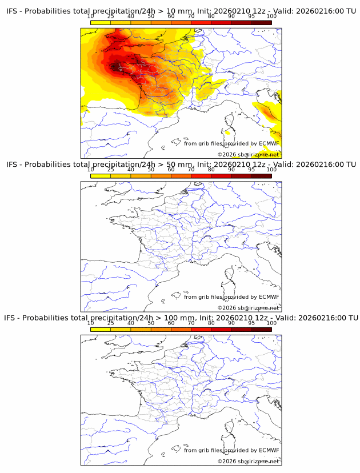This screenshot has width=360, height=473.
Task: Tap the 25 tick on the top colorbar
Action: (111, 16)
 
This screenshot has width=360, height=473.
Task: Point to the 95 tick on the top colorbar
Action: (251, 16)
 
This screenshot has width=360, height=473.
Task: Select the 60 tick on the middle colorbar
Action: (171, 170)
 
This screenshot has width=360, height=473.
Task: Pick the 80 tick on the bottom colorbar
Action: (211, 323)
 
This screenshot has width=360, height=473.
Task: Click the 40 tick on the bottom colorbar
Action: (131, 323)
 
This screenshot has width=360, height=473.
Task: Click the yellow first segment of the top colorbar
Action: (101, 22)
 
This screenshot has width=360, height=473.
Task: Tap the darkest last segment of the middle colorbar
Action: (261, 176)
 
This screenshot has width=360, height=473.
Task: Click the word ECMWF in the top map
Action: (269, 143)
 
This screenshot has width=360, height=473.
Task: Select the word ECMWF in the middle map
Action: (269, 297)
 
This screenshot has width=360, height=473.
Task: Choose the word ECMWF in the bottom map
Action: (269, 451)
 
